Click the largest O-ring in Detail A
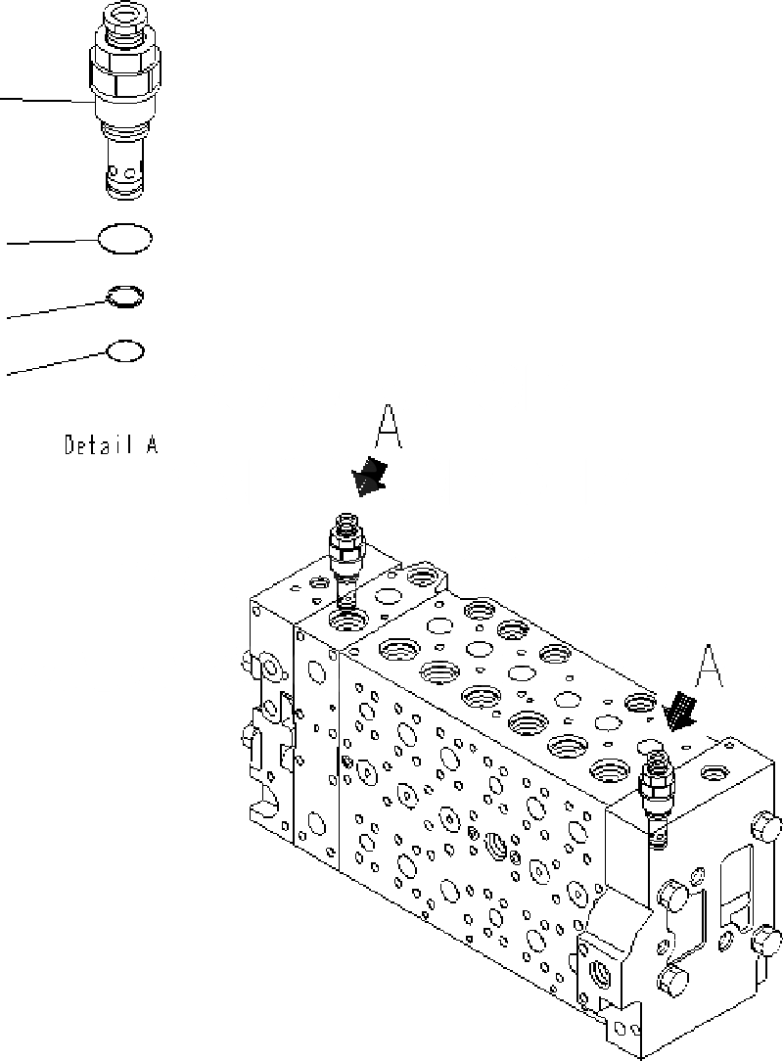point(124,239)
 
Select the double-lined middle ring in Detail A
point(125,296)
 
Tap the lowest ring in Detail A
point(125,350)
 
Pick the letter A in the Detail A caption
point(152,445)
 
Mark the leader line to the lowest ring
point(54,363)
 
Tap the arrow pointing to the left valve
point(369,478)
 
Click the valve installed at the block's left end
point(346,558)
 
